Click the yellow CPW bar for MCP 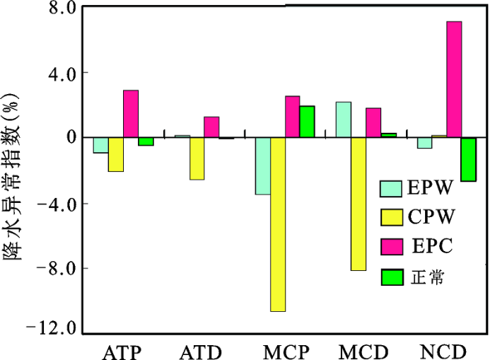(277, 223)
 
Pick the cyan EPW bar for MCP (262, 166)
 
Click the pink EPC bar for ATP (131, 113)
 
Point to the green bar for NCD (468, 158)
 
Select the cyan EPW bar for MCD (343, 120)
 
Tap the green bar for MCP (306, 122)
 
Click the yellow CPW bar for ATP (116, 154)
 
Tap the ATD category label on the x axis (202, 352)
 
